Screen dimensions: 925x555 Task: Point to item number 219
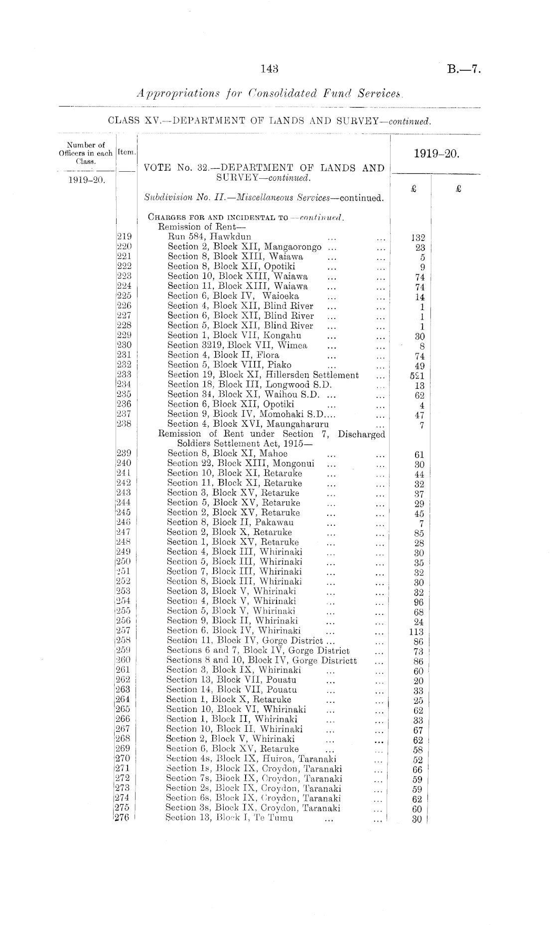(x=124, y=236)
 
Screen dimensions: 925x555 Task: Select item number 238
(x=124, y=424)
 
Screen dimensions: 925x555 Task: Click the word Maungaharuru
(x=298, y=424)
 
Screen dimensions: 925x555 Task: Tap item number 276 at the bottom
(x=123, y=817)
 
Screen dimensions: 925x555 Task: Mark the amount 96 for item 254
(x=418, y=602)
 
